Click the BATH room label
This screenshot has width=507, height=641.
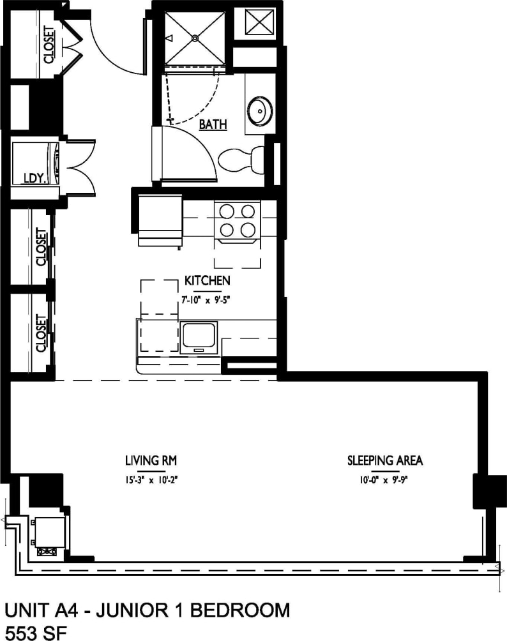(213, 124)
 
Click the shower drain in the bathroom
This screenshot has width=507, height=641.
(195, 38)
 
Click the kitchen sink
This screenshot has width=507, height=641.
(199, 336)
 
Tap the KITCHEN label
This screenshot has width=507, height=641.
(207, 280)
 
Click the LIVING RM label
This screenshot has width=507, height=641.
(151, 460)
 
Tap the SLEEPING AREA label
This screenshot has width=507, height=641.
(385, 460)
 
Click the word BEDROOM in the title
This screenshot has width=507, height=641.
(245, 610)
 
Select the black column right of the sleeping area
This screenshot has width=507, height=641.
(483, 492)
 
